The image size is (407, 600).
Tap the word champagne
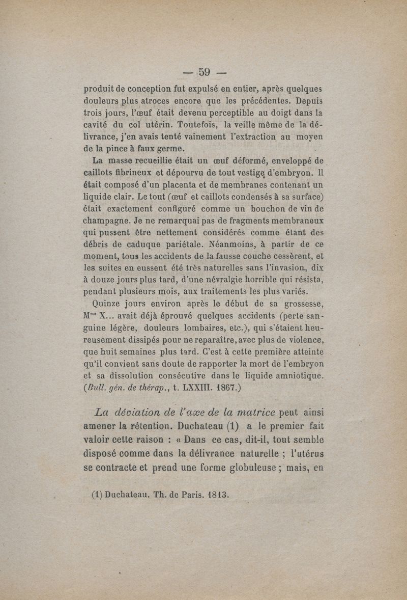(x=106, y=222)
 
